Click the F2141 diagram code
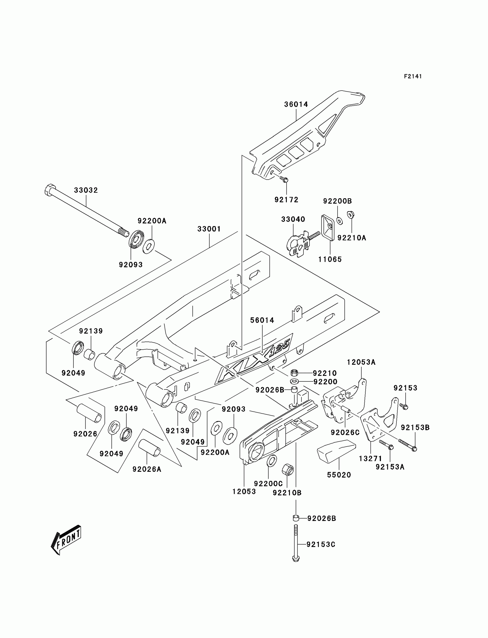pyautogui.click(x=413, y=76)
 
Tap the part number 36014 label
pyautogui.click(x=296, y=104)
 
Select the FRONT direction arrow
pyautogui.click(x=66, y=540)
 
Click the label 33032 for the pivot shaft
pyautogui.click(x=86, y=190)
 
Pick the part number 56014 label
pyautogui.click(x=262, y=320)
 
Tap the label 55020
pyautogui.click(x=339, y=475)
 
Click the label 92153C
pyautogui.click(x=321, y=545)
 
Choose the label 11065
pyautogui.click(x=330, y=259)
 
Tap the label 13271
pyautogui.click(x=370, y=459)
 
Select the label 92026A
pyautogui.click(x=147, y=469)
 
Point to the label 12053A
pyautogui.click(x=361, y=362)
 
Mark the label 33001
pyautogui.click(x=209, y=229)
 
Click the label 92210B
pyautogui.click(x=287, y=493)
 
